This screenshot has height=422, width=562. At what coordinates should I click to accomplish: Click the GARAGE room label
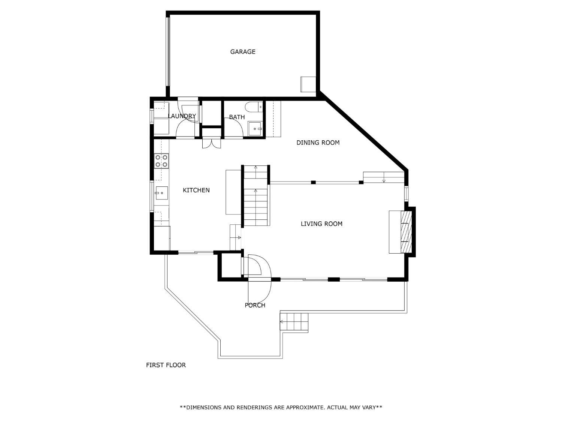coord(242,52)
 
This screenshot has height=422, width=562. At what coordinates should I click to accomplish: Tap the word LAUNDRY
coord(182,116)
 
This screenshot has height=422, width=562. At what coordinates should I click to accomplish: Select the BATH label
coord(237,117)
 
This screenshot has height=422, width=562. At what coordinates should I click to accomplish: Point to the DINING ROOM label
coord(318,143)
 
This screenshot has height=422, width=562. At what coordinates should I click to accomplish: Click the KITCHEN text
coord(196,190)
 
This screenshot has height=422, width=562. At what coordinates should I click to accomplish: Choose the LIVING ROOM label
coord(321,224)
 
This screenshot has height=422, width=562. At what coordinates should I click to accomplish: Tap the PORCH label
coord(255,305)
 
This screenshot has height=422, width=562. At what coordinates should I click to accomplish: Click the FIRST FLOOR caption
coord(166,365)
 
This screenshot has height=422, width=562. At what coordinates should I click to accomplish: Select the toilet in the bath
coord(254,107)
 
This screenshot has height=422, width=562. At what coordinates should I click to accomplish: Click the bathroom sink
coord(255,129)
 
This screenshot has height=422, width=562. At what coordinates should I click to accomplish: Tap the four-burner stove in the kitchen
coord(161,161)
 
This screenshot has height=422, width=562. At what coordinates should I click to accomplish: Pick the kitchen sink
coord(161,193)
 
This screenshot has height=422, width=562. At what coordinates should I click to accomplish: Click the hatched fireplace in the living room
coord(407,232)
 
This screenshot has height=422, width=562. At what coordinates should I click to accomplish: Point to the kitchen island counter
coord(233,192)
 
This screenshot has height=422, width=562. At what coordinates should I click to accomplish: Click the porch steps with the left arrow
coord(294,322)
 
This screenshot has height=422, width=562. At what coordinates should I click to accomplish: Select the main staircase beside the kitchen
coord(256,195)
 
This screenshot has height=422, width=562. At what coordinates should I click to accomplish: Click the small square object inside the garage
coord(308,84)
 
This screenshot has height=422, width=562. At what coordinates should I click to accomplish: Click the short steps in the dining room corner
coord(384,177)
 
